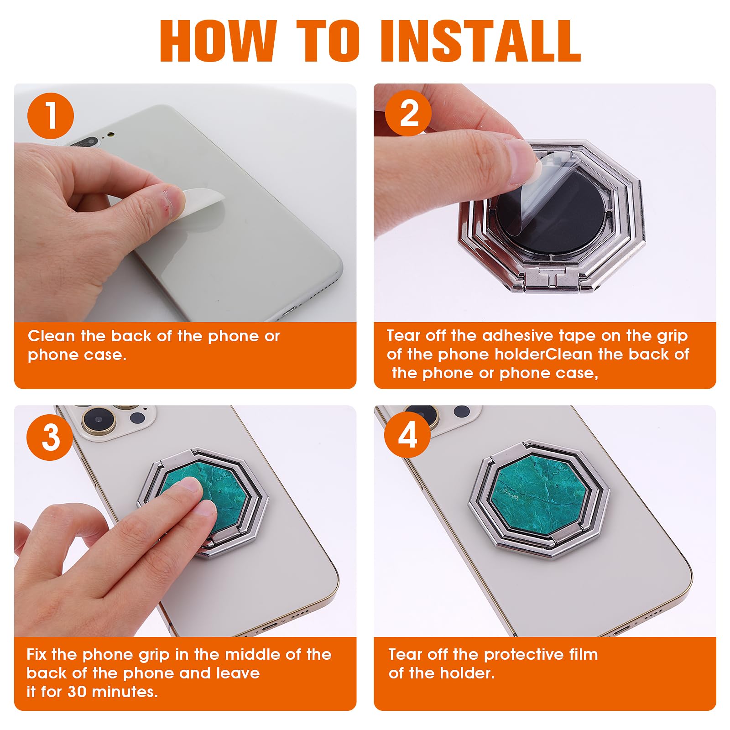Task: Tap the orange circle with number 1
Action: pyautogui.click(x=51, y=116)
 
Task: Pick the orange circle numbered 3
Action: pyautogui.click(x=50, y=437)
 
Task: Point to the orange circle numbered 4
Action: pyautogui.click(x=407, y=435)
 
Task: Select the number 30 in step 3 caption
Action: pyautogui.click(x=77, y=692)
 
